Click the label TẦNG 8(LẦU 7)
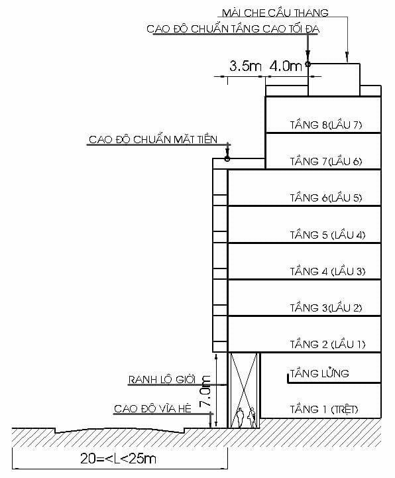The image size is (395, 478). point(326,125)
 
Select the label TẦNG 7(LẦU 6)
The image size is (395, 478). point(326,161)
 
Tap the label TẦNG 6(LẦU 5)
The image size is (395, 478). point(326,198)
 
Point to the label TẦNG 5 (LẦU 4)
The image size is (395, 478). point(327,235)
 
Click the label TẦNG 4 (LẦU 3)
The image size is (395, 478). point(327,271)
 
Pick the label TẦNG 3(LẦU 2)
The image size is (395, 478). point(326,308)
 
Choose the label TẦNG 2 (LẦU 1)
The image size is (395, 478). point(327,344)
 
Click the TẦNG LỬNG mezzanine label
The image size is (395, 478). point(319,374)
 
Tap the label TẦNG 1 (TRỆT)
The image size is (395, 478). point(324,409)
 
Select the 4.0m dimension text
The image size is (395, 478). point(286,66)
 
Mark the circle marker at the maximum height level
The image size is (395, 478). point(308,64)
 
